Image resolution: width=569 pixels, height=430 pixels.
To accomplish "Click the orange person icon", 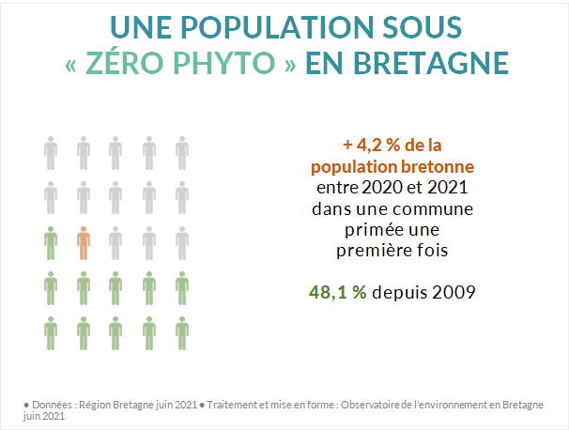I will [84, 242].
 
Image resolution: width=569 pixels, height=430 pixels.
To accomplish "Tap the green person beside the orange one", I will [51, 242].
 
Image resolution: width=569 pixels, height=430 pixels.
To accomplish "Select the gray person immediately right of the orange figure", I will [115, 242].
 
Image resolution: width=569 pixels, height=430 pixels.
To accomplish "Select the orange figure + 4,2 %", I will [373, 146].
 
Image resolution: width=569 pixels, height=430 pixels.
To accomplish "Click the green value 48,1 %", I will [338, 292].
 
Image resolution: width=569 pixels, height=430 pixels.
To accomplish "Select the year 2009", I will [454, 292].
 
